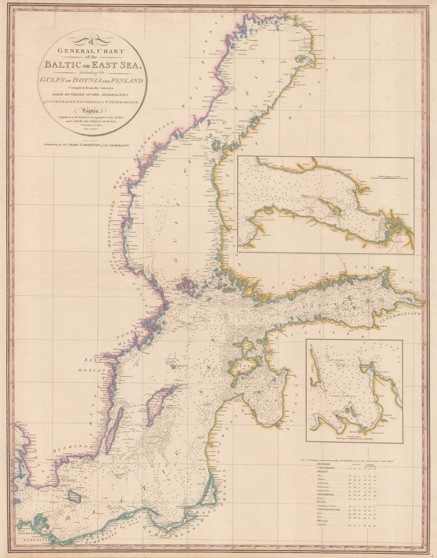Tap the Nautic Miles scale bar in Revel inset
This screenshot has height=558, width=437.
point(354,438)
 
